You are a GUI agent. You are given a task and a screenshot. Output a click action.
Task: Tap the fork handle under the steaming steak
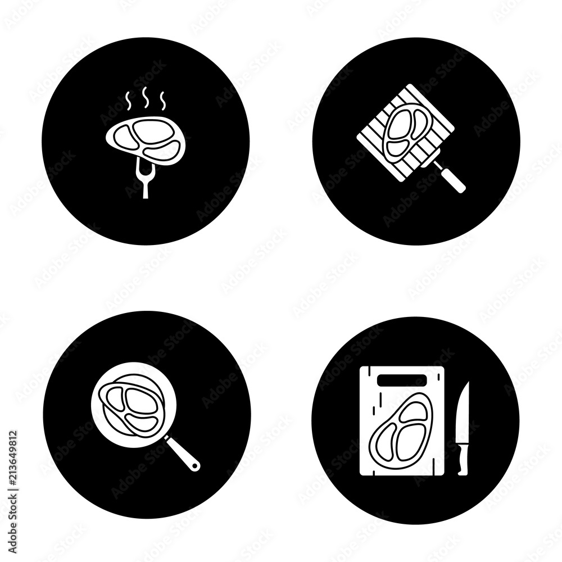(145, 188)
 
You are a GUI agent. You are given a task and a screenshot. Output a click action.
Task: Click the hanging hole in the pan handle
(194, 465)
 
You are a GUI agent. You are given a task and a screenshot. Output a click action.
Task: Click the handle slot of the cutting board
(402, 380)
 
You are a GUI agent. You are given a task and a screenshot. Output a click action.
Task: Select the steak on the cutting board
(400, 429)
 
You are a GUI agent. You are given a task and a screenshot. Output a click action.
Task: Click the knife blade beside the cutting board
(464, 412)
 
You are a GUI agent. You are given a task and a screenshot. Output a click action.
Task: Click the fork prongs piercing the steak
(145, 170)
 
